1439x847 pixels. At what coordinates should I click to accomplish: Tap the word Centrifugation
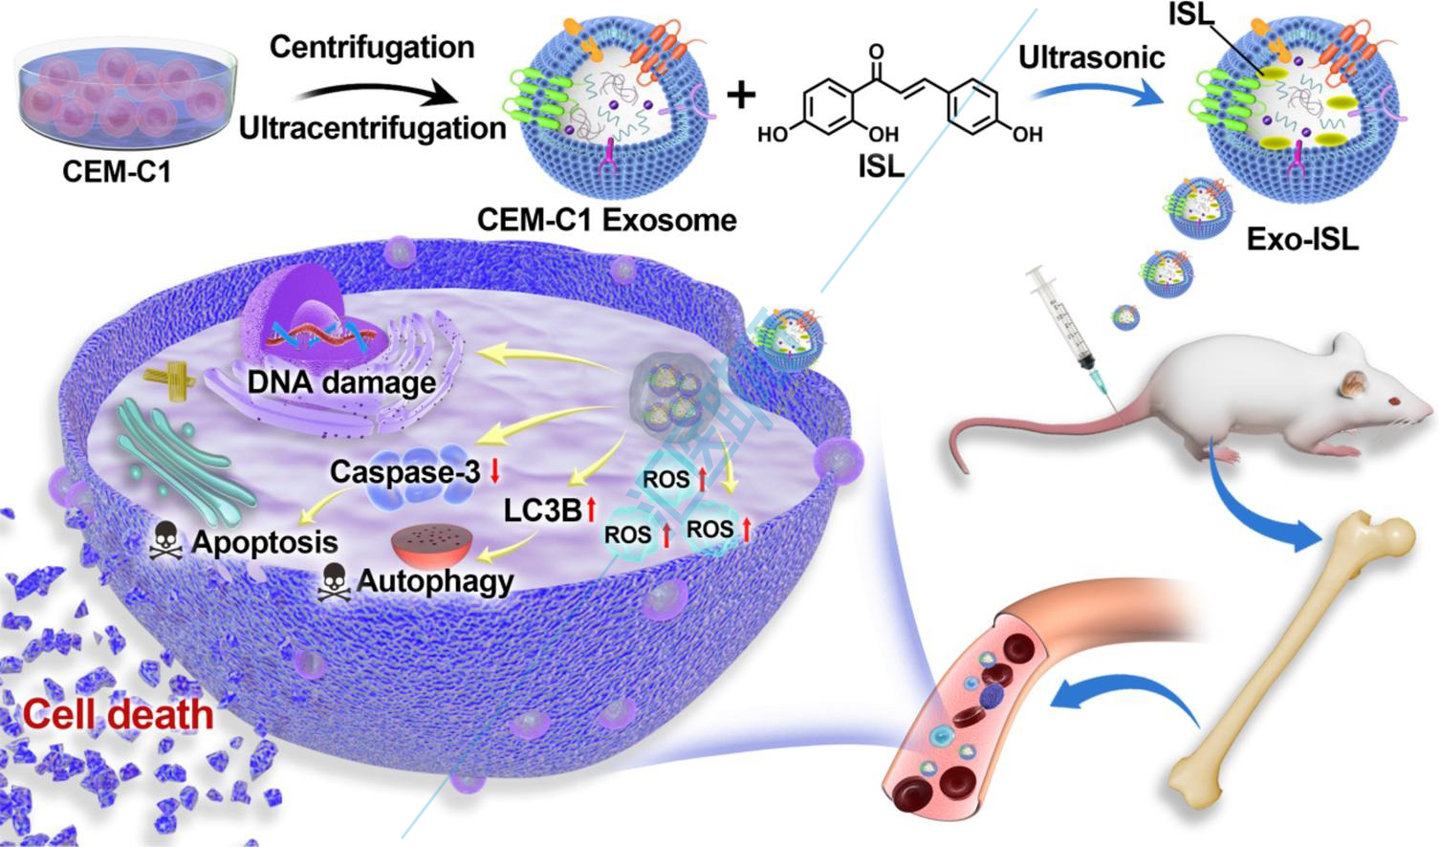click(372, 47)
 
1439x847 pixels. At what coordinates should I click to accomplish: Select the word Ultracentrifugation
click(372, 127)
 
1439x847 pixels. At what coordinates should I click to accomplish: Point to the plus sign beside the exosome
click(741, 95)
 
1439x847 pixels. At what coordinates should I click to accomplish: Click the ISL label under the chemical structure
click(880, 165)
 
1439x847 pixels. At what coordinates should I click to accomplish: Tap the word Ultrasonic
click(1091, 57)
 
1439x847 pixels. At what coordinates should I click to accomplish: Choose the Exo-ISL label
click(1301, 238)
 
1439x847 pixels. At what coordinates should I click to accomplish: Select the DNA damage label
click(341, 383)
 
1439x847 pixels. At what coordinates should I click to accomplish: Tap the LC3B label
click(542, 510)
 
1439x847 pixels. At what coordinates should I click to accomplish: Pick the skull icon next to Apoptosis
click(167, 543)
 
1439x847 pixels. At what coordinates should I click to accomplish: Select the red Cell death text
click(118, 714)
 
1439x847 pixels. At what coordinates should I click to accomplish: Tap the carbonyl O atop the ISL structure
click(877, 53)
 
